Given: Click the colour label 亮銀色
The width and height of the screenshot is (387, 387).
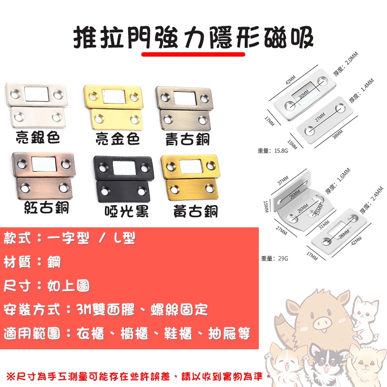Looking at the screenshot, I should click(38, 138).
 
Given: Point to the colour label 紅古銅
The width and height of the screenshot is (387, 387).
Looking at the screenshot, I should click(46, 208).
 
